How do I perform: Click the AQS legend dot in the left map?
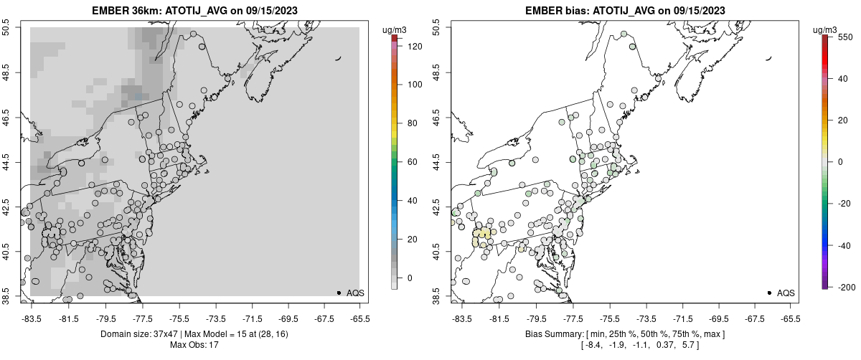click(339, 293)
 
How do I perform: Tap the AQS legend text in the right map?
click(786, 293)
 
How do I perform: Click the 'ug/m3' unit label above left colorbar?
click(395, 29)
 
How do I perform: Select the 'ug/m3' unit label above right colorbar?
click(825, 29)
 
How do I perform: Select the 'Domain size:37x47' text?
click(143, 334)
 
